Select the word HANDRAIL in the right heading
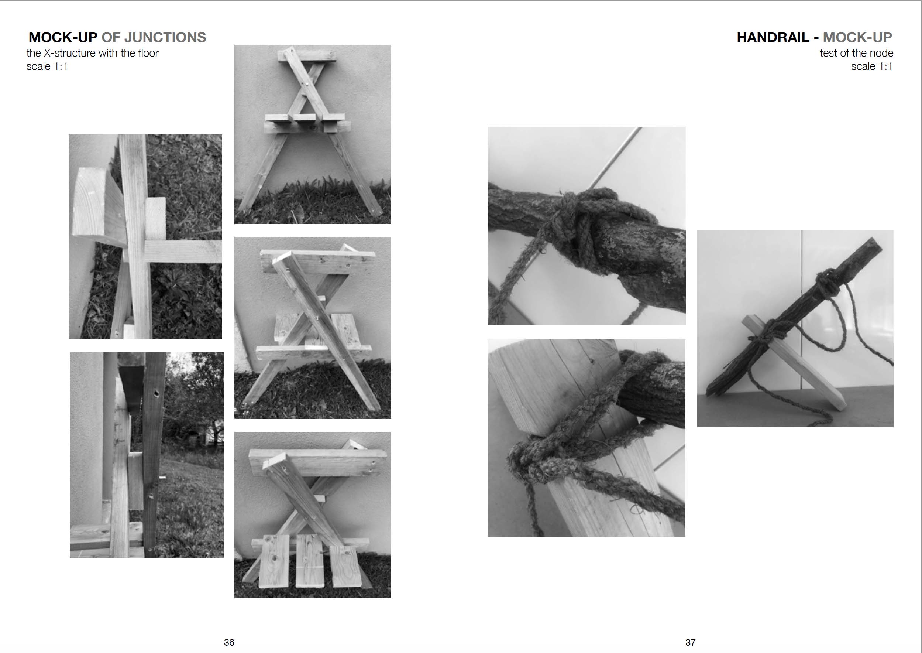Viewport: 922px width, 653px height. [773, 37]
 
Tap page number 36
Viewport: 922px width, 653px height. [229, 642]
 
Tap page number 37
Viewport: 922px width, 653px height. [690, 642]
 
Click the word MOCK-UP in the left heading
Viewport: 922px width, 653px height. [63, 37]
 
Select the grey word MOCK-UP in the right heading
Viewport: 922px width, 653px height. [857, 37]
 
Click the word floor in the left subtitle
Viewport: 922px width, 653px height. [148, 53]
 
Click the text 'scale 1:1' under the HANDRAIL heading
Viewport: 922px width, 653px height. [872, 66]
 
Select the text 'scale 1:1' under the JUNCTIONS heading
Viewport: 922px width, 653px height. [47, 66]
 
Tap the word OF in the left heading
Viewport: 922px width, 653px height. [110, 37]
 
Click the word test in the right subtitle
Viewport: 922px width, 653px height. [828, 53]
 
